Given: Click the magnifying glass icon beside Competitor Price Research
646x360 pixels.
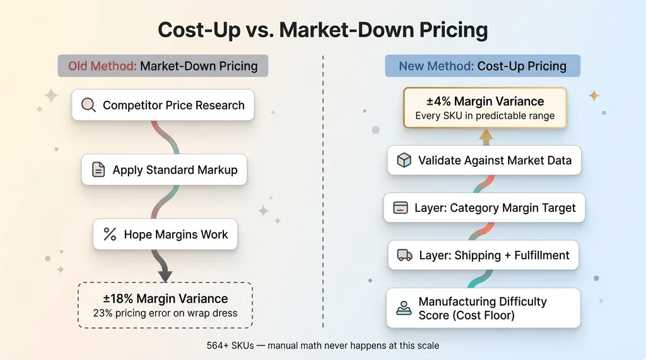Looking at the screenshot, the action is click(x=88, y=105).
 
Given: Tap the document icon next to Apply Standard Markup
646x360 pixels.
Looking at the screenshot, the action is click(x=98, y=170).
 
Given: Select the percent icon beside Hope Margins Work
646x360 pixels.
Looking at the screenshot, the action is click(x=110, y=234).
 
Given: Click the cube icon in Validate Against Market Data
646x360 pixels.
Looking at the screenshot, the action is click(x=404, y=160).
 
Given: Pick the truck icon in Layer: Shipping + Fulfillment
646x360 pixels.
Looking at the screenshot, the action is click(x=404, y=255).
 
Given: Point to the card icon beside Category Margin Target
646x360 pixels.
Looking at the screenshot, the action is click(x=400, y=207).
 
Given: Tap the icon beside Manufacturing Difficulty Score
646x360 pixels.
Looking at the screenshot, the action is click(x=404, y=308).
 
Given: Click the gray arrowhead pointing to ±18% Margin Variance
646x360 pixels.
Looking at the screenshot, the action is click(x=165, y=276).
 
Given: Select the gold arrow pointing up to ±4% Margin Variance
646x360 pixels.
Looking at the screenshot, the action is click(x=486, y=137).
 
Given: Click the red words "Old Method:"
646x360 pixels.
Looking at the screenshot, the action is click(x=102, y=66).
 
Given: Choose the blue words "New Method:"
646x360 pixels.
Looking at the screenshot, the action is click(x=436, y=66).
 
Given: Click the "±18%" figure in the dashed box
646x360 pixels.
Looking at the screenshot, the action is click(x=118, y=298).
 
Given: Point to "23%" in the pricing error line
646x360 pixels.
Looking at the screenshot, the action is click(x=103, y=313).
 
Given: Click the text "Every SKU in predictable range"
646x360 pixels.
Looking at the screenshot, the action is click(x=485, y=116).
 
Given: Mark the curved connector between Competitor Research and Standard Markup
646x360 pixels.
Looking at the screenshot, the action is click(x=165, y=137).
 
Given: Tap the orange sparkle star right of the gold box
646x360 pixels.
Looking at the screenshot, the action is click(x=594, y=96).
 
